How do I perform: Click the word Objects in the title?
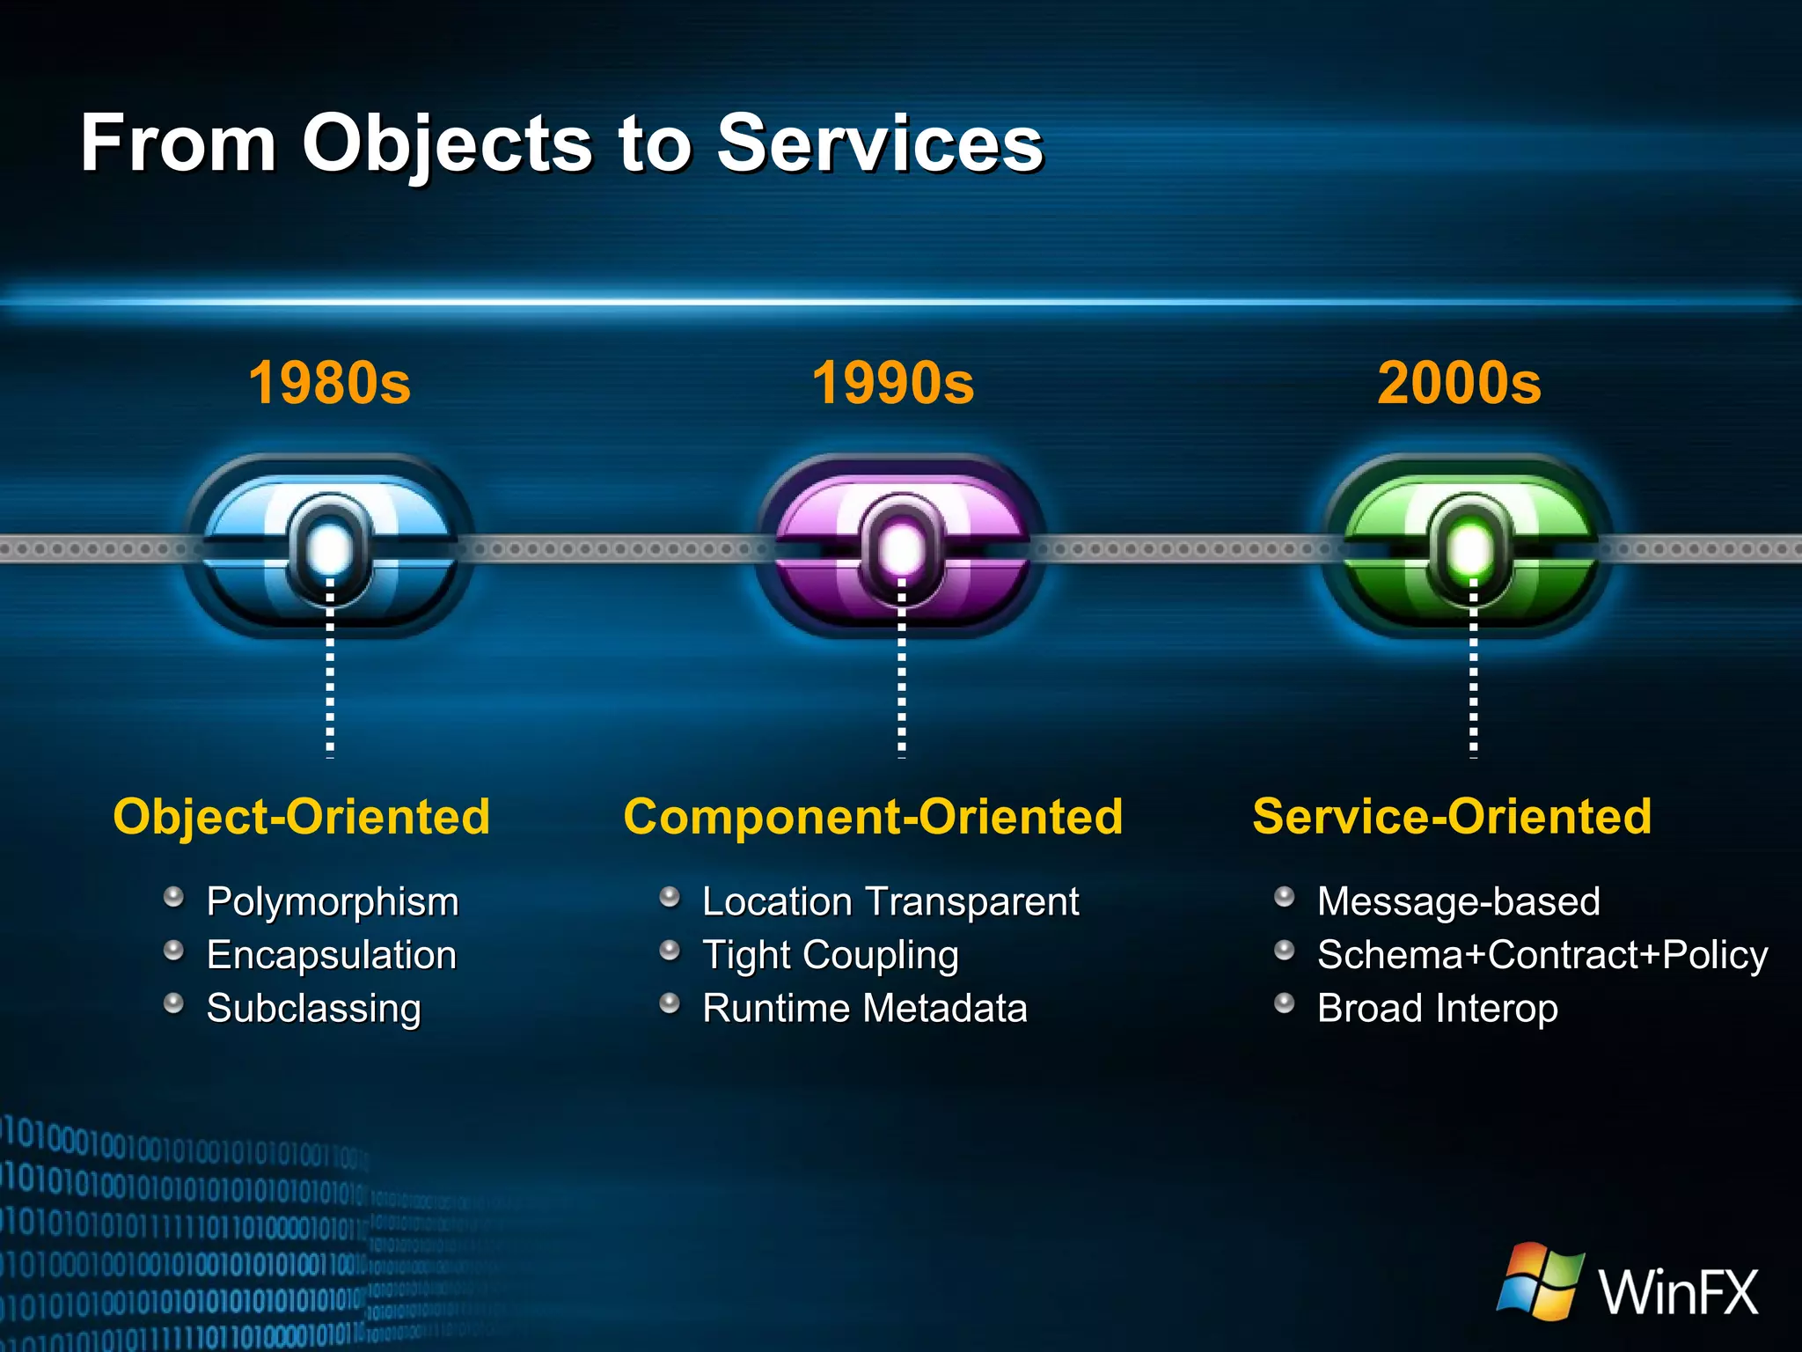(x=447, y=143)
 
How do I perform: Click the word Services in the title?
(x=879, y=143)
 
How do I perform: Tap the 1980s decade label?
(x=329, y=383)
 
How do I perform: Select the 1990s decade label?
(x=892, y=383)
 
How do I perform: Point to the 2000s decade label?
(x=1459, y=383)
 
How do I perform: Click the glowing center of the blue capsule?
(x=330, y=547)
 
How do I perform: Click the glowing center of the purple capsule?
(x=901, y=547)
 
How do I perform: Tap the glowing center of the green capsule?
(x=1470, y=547)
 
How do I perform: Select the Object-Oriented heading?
(x=302, y=816)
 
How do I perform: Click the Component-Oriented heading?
(x=873, y=816)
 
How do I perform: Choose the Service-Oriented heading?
(x=1452, y=816)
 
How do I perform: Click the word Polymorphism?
(x=333, y=902)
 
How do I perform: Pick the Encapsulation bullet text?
(x=331, y=955)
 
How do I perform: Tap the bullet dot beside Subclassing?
(x=174, y=1003)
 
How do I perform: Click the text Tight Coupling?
(x=830, y=955)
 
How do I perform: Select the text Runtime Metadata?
(x=864, y=1008)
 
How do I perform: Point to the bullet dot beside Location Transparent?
(x=670, y=897)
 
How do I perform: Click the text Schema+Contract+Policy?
(x=1542, y=955)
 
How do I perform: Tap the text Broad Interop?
(x=1437, y=1008)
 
